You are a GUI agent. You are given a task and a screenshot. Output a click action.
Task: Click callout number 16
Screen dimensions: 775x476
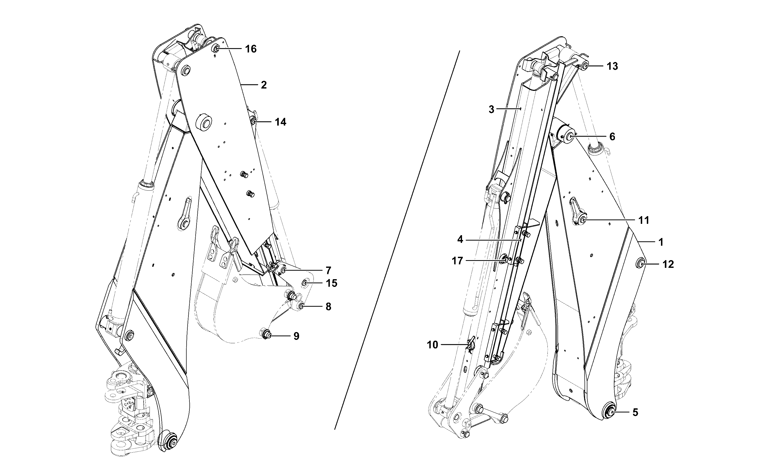tap(251, 49)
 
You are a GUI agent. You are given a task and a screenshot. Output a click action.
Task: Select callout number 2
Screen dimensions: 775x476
tap(264, 85)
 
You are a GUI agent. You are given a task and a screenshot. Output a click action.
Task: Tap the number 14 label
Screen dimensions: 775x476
tap(281, 122)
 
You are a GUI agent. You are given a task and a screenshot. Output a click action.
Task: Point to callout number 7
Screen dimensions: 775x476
tap(328, 270)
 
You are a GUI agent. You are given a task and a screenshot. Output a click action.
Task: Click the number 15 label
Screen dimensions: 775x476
tap(332, 283)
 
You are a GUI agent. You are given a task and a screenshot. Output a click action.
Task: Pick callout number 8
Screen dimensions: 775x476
tap(328, 307)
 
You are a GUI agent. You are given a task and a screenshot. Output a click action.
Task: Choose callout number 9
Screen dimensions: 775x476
tap(296, 336)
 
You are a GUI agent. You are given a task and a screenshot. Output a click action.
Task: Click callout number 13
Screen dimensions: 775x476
tap(613, 66)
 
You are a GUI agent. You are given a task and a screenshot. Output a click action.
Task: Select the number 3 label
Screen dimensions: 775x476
tap(491, 110)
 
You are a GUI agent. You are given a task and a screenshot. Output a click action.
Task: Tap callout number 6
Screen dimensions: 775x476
tap(612, 137)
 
